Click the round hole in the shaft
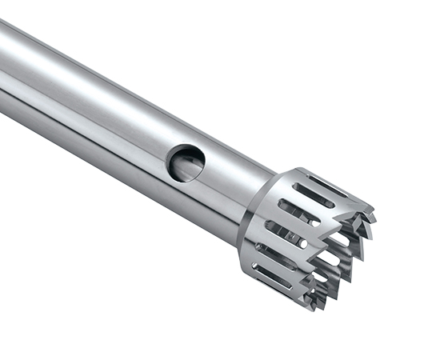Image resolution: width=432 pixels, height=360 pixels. pyautogui.click(x=186, y=162)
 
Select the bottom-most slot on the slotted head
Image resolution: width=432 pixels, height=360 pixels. pyautogui.click(x=272, y=276)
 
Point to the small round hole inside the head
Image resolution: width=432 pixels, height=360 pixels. pyautogui.click(x=303, y=242)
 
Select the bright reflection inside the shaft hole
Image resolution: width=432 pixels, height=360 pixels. pyautogui.click(x=190, y=167)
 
